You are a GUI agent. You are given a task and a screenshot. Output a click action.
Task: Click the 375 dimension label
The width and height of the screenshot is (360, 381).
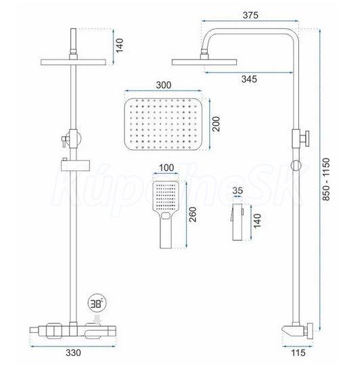tap(250, 15)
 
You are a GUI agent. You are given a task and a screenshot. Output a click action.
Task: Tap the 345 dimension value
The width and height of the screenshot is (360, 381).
tap(249, 79)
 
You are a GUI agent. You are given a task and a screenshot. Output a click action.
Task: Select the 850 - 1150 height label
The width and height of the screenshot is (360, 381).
tap(326, 179)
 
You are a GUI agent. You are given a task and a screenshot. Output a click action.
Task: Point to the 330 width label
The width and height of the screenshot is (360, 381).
tap(73, 353)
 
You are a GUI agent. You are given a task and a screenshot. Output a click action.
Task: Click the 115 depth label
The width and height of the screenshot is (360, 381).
tap(298, 353)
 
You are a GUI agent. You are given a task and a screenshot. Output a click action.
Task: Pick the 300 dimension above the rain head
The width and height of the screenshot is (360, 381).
tap(164, 85)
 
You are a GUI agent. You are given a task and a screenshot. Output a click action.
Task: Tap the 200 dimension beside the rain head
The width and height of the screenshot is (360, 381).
tap(216, 124)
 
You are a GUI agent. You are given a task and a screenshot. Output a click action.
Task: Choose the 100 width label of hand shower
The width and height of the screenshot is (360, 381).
tap(166, 168)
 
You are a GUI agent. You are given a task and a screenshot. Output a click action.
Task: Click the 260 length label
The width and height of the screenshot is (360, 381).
tap(193, 215)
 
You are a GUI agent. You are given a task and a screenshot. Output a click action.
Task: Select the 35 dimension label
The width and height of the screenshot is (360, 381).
tap(238, 191)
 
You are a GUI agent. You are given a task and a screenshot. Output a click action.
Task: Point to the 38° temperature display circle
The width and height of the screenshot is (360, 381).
tap(97, 303)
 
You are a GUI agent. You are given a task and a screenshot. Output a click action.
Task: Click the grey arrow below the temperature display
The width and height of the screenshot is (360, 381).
tap(98, 319)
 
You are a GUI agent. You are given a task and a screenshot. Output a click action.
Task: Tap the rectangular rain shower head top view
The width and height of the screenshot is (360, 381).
tap(163, 124)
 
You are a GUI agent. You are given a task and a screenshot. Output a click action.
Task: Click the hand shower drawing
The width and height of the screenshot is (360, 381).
tap(166, 215)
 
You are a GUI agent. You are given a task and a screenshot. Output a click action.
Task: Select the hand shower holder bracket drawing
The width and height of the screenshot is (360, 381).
tap(237, 222)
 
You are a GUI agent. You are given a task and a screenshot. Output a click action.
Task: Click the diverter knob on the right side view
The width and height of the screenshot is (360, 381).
tap(305, 139)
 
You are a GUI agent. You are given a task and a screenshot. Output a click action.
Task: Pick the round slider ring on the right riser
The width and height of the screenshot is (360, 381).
tap(296, 166)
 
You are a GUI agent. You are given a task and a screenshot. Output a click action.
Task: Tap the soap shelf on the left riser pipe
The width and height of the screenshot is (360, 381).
tap(76, 166)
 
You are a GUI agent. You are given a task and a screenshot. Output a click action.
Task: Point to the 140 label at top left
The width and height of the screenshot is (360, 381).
tap(119, 45)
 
